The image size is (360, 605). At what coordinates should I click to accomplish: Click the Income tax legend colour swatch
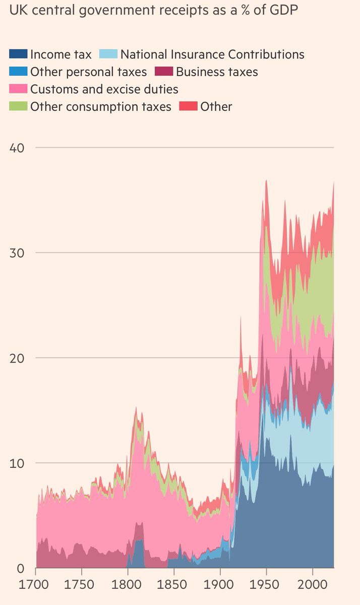point(18,54)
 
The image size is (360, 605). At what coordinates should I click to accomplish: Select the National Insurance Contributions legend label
point(212,54)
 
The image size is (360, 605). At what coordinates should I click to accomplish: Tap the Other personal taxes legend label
point(88,72)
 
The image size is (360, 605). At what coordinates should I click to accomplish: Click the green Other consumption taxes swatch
point(18,106)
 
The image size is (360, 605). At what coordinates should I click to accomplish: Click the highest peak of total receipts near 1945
point(266,180)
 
